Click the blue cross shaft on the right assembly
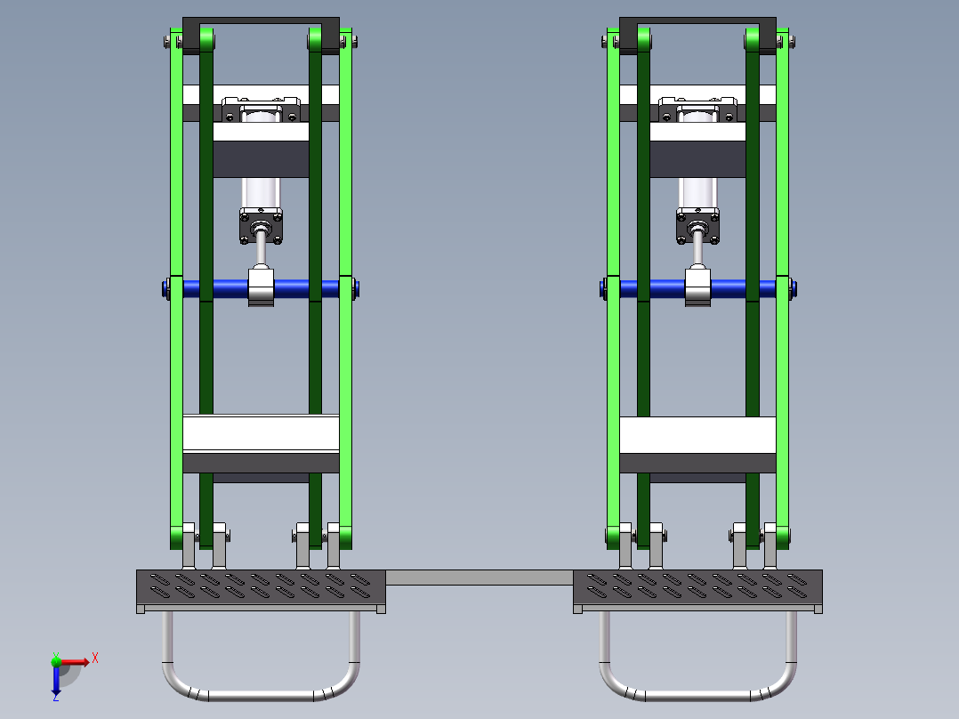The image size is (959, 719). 658,289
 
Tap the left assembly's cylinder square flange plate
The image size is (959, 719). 261,226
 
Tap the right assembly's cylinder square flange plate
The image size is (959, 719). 698,226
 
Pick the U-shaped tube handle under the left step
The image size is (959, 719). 261,692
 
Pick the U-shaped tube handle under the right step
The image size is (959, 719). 697,692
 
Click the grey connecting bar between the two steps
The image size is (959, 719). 479,578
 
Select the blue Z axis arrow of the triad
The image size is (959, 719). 56,682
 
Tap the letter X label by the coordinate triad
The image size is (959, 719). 95,658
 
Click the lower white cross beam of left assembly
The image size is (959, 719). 261,433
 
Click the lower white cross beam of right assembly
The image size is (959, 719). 697,433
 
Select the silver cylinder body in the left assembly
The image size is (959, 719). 261,192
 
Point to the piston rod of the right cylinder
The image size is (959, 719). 698,254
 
